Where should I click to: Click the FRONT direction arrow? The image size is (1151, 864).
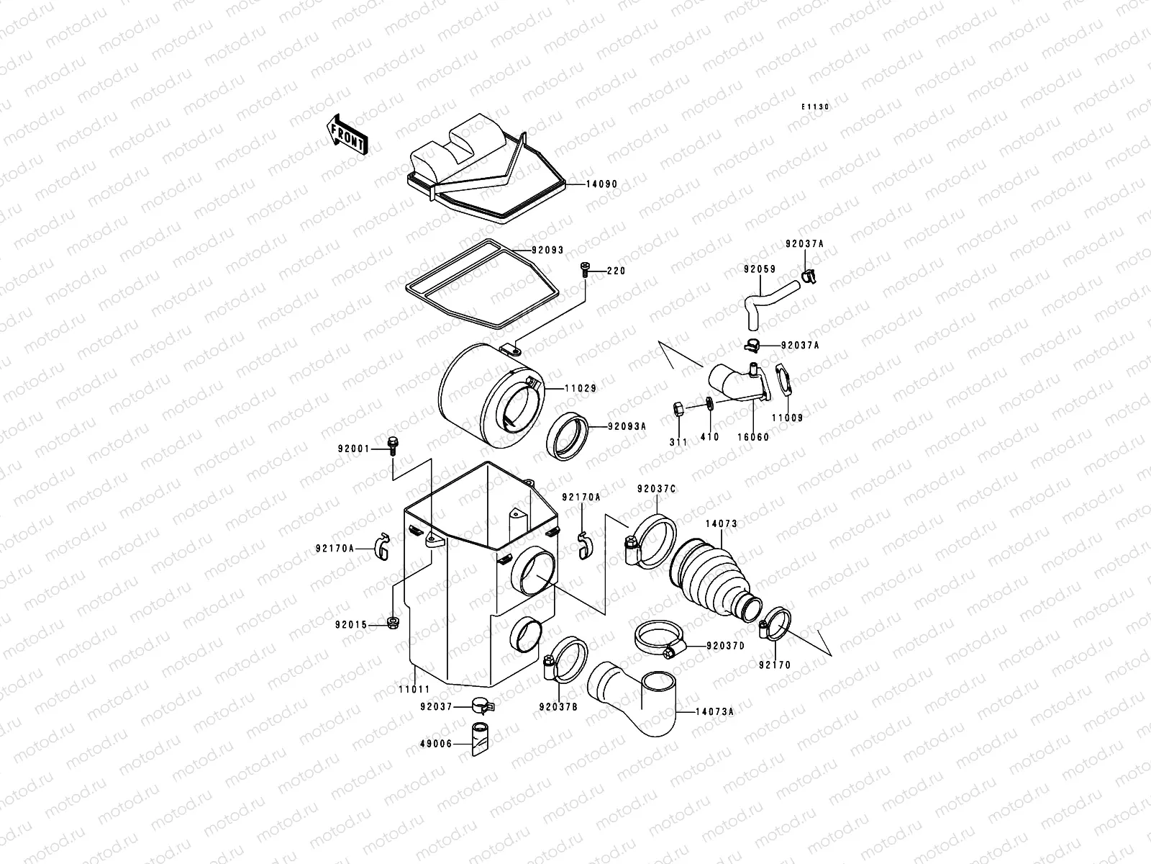tap(347, 134)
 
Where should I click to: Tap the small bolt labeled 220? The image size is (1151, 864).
tap(584, 270)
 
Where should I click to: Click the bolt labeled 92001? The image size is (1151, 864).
tap(392, 446)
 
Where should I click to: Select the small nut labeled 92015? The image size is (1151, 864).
tap(392, 622)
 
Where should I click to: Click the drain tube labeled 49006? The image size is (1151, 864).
tap(480, 740)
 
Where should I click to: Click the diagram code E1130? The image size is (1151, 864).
tap(816, 107)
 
